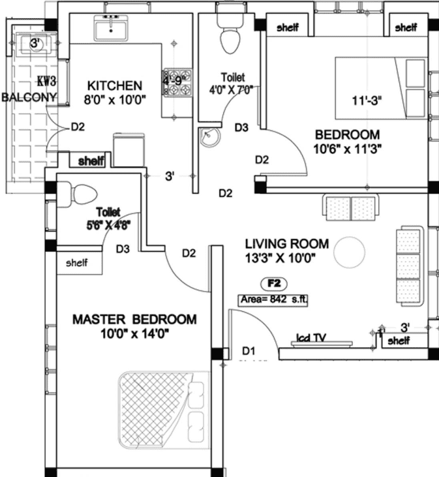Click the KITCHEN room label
click(x=115, y=85)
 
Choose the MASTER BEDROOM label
click(x=134, y=320)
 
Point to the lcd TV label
click(x=310, y=339)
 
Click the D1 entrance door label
click(x=248, y=351)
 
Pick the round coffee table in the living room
click(x=350, y=251)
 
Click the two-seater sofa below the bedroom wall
click(x=352, y=208)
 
